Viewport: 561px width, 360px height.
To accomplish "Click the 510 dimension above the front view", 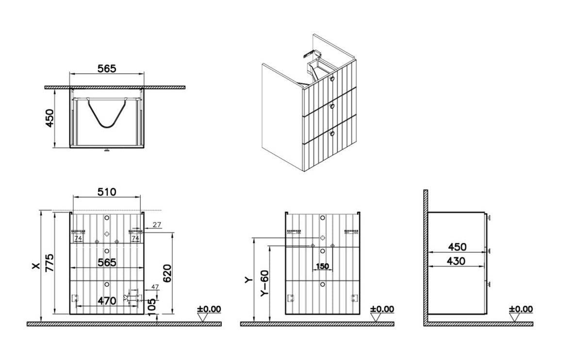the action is coord(107,192).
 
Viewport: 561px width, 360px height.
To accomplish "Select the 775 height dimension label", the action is coord(49,263).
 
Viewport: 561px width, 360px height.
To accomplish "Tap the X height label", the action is coord(35,266).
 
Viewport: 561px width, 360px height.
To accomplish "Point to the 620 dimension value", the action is coord(167,273).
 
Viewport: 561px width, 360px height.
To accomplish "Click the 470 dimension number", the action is coord(107,301).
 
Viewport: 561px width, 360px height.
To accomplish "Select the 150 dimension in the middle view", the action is coord(322,266).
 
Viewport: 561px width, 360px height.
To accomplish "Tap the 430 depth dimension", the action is coord(456,261).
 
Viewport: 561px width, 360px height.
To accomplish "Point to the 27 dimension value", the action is coord(157,225).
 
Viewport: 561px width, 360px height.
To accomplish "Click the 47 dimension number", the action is coord(155,287).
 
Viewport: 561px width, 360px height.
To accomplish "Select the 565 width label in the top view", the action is coord(107,68).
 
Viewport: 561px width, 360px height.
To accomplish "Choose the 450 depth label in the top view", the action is coord(49,118).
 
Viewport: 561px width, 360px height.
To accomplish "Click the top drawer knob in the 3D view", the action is coord(331,79).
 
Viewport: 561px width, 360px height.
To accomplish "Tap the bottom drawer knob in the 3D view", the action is coord(331,134).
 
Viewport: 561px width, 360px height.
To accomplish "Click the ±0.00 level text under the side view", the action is coord(521,309).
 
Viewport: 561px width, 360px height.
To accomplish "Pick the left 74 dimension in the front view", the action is coord(78,238).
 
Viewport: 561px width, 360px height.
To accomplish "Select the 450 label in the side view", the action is coord(457,247).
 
